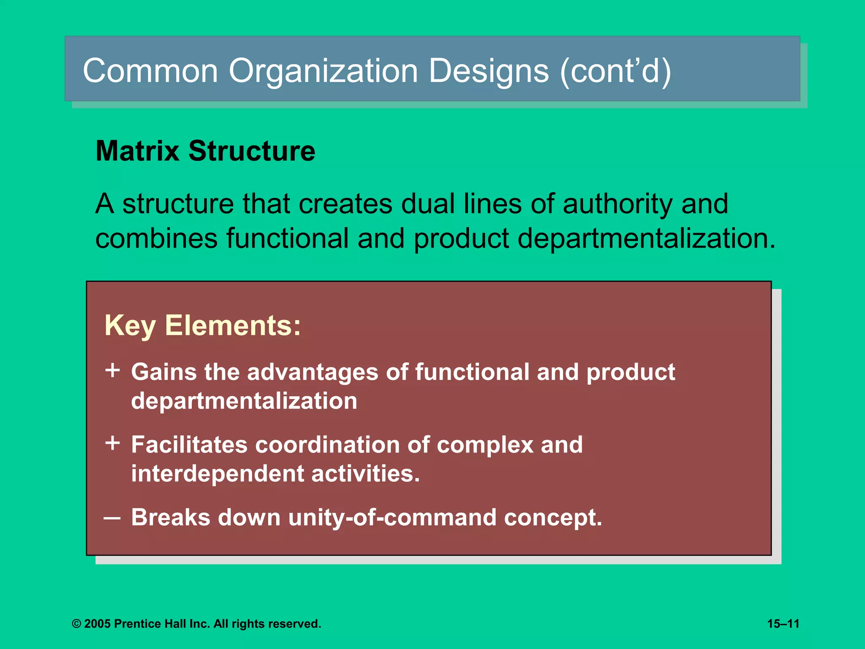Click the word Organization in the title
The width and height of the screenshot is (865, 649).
coord(323,71)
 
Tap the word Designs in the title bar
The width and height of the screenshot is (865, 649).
coord(489,71)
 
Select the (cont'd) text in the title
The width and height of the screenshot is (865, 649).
coord(615,71)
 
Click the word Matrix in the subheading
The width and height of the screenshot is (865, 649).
coord(138,151)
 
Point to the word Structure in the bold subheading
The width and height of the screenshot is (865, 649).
coord(252,151)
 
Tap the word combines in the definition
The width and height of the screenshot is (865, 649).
coord(156,238)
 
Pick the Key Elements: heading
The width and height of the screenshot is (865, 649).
coord(203,325)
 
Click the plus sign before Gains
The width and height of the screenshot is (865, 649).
coord(113,371)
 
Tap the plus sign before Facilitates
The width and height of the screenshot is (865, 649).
coord(113,443)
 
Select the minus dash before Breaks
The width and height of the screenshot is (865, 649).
coord(112,517)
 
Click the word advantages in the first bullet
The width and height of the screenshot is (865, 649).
coord(313,373)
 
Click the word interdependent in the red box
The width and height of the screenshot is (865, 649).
coord(217,474)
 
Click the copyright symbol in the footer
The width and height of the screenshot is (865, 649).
coord(76,624)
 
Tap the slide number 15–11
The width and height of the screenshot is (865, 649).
coord(783,624)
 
